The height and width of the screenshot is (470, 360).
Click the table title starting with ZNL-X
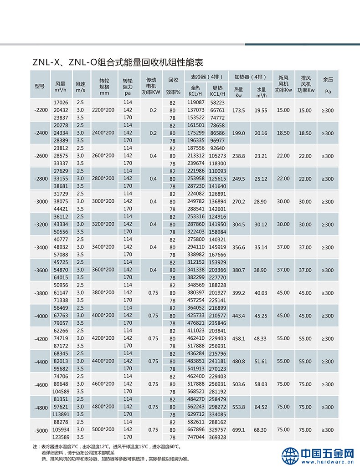pos(118,62)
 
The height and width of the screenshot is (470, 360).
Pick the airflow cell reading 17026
pos(61,103)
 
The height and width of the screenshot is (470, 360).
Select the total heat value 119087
pos(196,103)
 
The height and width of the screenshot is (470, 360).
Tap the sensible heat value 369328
pos(217,437)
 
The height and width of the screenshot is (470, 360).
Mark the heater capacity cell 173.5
pos(239,111)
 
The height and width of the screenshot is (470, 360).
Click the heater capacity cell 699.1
pos(239,430)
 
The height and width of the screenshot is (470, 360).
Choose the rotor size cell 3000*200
pos(103,202)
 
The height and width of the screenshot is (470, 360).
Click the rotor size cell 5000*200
pos(103,430)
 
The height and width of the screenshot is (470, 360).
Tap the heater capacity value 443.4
pos(239,316)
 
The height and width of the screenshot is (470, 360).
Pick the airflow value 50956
pos(61,285)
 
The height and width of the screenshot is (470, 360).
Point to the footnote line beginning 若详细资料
pos(80,453)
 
